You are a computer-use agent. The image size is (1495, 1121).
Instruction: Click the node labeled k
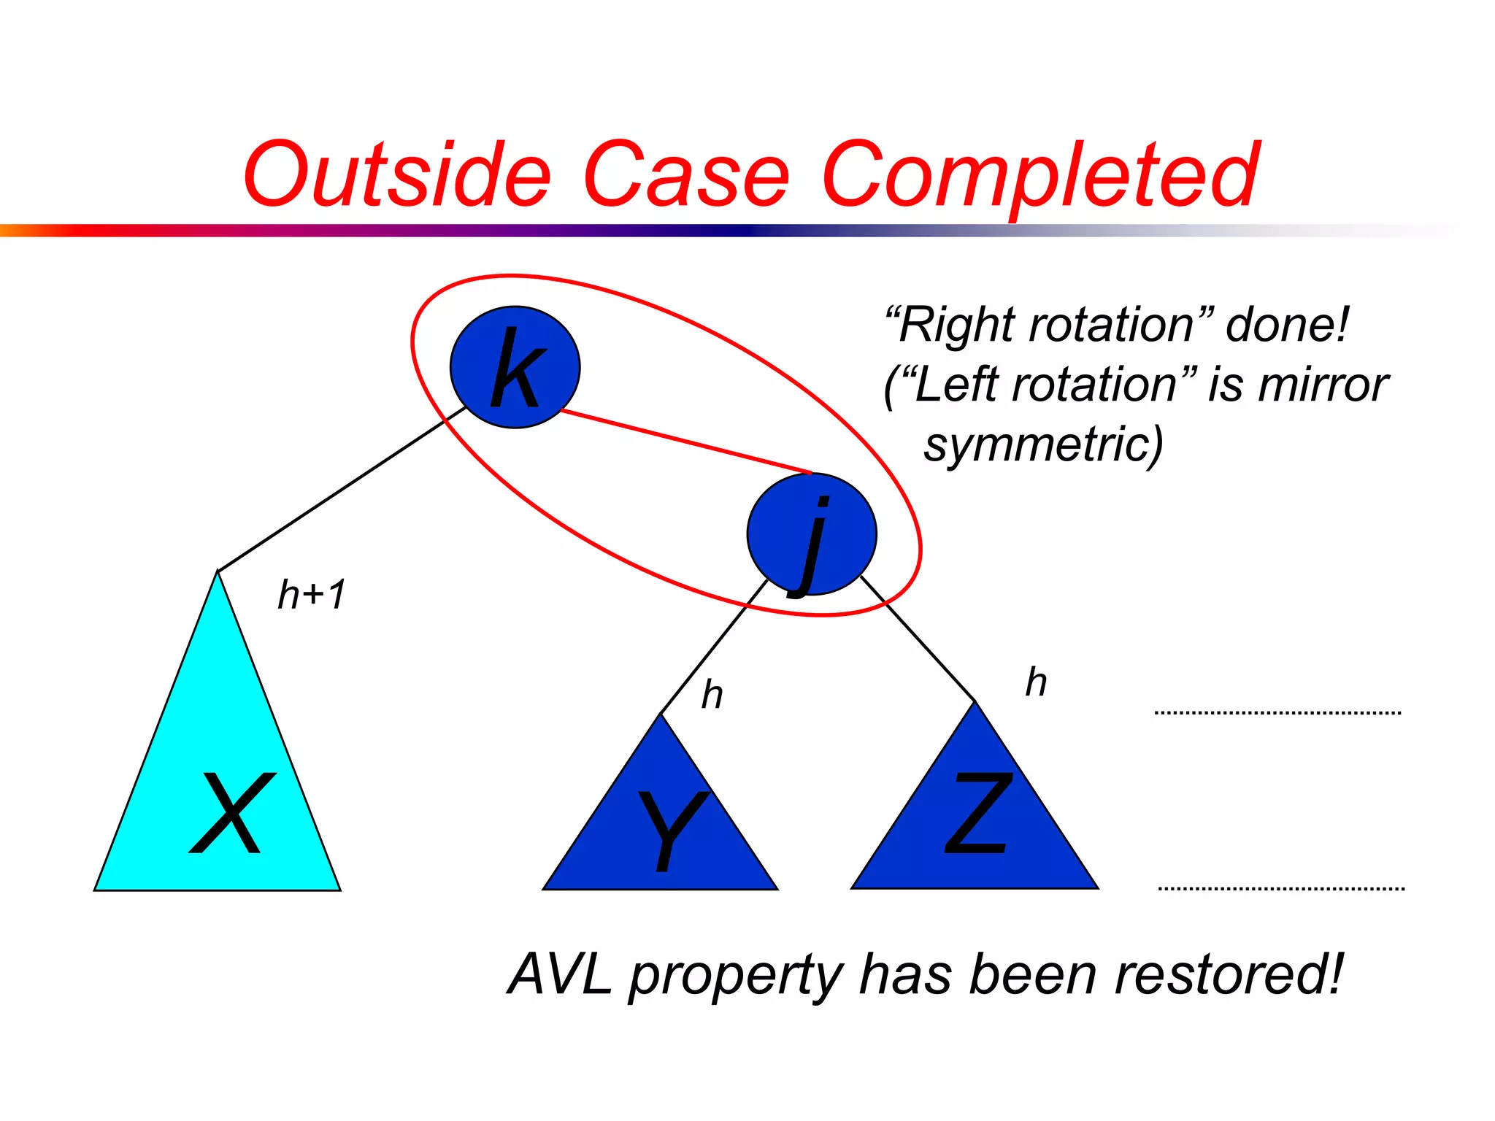pyautogui.click(x=515, y=367)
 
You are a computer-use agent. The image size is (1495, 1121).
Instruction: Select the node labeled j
pyautogui.click(x=811, y=534)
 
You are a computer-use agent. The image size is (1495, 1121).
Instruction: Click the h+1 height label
pyautogui.click(x=312, y=594)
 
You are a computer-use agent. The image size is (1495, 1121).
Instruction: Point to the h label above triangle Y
pyautogui.click(x=712, y=695)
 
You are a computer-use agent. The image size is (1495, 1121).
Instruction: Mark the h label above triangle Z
pyautogui.click(x=1036, y=683)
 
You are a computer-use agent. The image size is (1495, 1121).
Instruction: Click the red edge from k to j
pyautogui.click(x=686, y=442)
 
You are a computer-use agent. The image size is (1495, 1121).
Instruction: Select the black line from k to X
pyautogui.click(x=342, y=489)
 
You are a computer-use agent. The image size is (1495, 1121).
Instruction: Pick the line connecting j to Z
pyautogui.click(x=918, y=639)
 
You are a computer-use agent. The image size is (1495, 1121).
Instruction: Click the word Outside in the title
pyautogui.click(x=396, y=175)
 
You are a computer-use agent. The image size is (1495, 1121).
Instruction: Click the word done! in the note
pyautogui.click(x=1286, y=324)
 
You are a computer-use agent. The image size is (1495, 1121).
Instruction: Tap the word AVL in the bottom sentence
pyautogui.click(x=561, y=974)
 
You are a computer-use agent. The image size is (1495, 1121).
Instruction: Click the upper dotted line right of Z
pyautogui.click(x=1277, y=712)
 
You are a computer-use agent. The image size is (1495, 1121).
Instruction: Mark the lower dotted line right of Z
pyautogui.click(x=1281, y=888)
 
